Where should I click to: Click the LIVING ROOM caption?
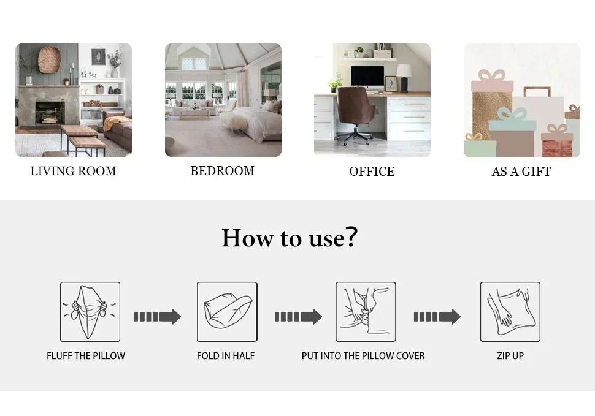(73, 172)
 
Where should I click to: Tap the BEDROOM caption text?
(223, 171)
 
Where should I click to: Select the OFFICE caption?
(372, 172)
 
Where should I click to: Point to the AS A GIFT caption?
(521, 172)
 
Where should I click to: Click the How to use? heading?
(290, 238)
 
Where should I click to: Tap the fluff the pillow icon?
(90, 312)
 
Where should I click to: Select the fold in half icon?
(227, 312)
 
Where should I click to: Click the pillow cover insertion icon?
(366, 312)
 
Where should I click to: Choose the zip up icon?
(510, 312)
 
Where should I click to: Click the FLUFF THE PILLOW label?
(86, 356)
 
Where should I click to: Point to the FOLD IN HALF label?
(226, 356)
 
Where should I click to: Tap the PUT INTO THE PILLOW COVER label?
(363, 356)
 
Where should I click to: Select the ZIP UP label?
(510, 356)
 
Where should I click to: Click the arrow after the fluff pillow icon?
(158, 317)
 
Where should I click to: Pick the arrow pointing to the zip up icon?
(437, 317)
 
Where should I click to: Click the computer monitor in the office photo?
(367, 78)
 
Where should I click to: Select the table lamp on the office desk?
(404, 78)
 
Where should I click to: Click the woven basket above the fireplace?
(49, 59)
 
